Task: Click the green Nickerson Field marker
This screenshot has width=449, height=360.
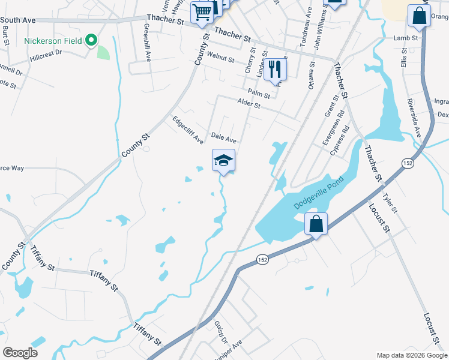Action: (x=91, y=41)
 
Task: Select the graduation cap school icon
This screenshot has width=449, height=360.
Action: (x=223, y=160)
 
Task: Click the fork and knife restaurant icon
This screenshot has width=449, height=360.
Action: (x=275, y=68)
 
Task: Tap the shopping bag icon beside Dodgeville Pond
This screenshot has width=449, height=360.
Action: (x=316, y=224)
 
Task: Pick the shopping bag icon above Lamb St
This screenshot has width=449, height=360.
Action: (x=418, y=16)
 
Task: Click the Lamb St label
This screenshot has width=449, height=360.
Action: (x=405, y=38)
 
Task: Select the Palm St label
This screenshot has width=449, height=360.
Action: (x=259, y=94)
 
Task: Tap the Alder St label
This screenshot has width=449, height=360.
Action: (x=249, y=104)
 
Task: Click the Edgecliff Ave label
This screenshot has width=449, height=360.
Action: (x=188, y=130)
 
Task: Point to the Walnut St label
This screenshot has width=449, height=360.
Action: (x=220, y=58)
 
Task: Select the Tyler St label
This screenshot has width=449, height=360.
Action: (x=390, y=203)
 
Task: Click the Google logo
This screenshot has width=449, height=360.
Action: (x=20, y=353)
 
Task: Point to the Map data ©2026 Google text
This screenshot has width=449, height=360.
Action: (x=412, y=355)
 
